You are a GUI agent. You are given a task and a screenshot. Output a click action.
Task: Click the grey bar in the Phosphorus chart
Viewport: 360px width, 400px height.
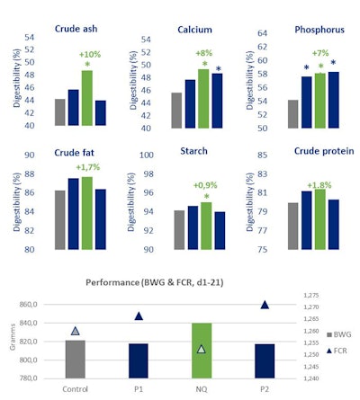(292, 114)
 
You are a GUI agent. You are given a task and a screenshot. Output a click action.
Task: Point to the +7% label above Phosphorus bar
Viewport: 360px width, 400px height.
(320, 53)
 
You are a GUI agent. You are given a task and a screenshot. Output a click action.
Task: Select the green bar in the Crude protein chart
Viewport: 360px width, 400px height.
(320, 219)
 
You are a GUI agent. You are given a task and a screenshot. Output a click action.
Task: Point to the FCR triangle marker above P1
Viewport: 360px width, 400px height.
(139, 316)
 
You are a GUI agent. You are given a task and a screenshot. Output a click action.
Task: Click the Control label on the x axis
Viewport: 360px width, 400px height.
(76, 389)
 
